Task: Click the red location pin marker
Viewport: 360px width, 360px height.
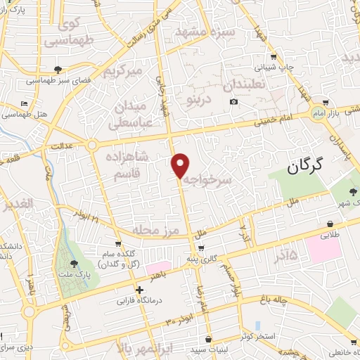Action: (x=181, y=165)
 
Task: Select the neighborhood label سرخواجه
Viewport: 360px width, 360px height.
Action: (x=216, y=181)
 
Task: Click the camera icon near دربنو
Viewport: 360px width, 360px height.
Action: (x=233, y=102)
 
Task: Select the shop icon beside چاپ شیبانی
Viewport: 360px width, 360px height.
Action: (x=274, y=58)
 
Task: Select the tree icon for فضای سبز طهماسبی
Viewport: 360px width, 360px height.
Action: (x=56, y=69)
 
